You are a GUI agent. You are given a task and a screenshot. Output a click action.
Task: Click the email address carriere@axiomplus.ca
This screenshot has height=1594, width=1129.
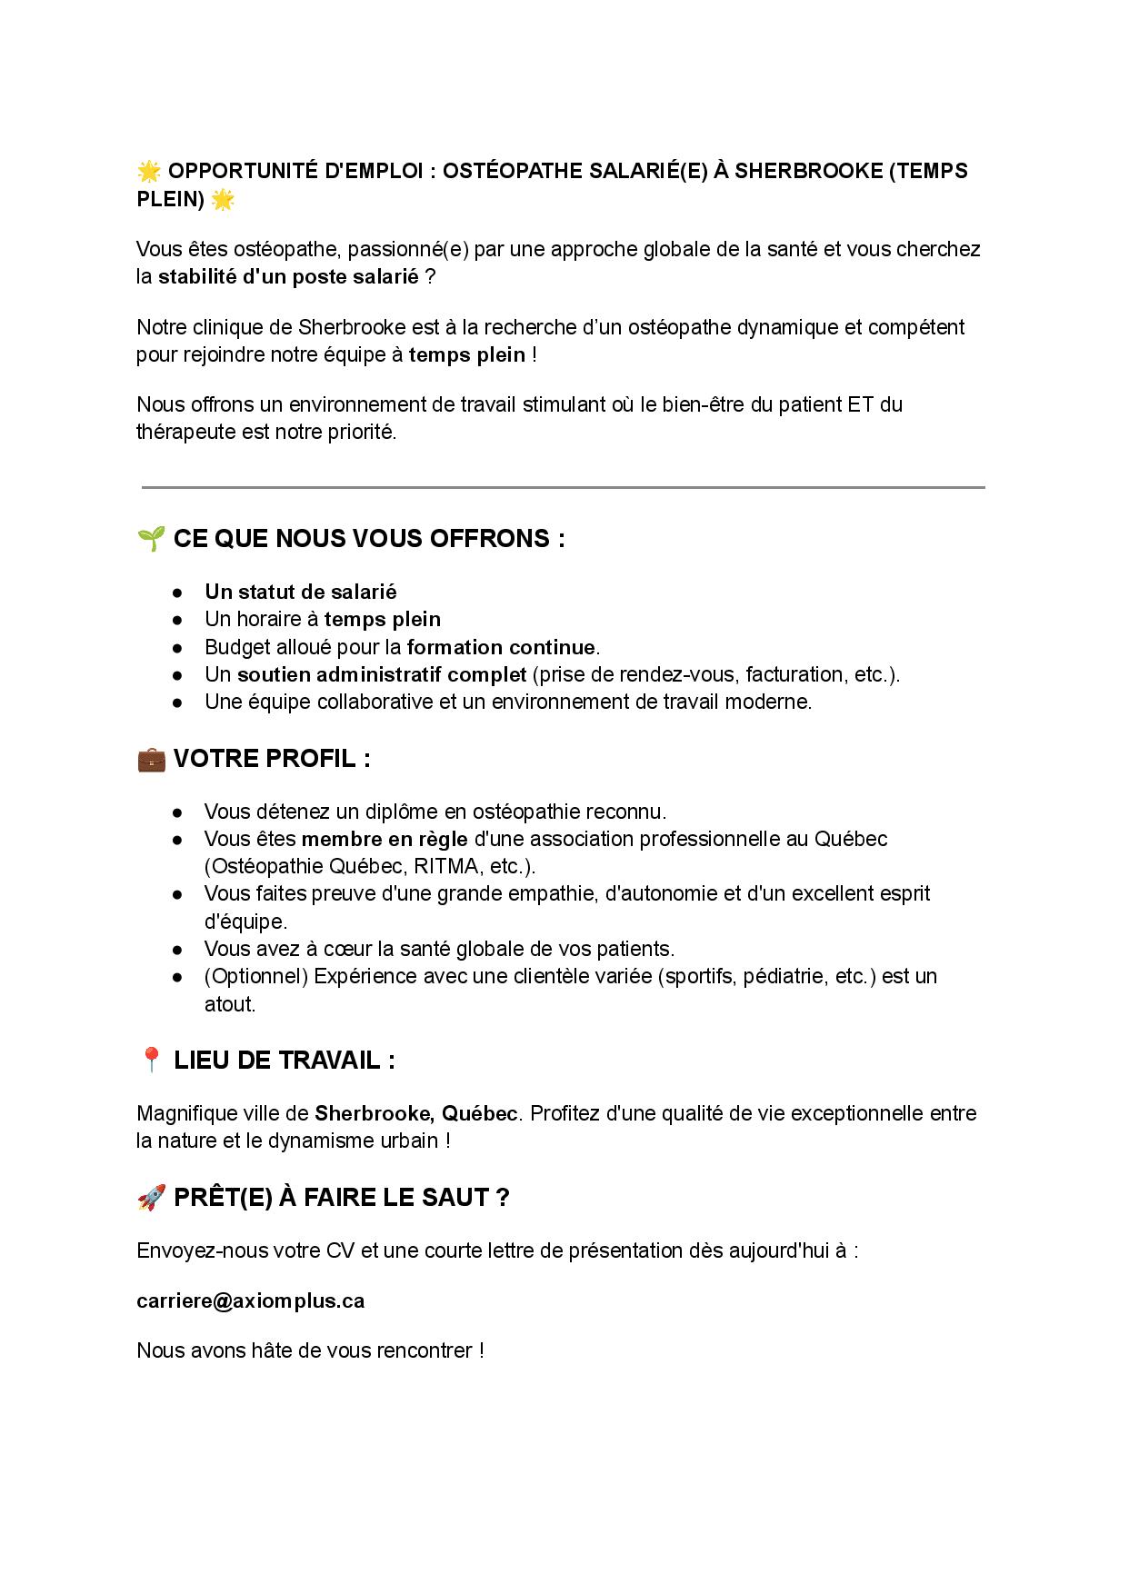[250, 1300]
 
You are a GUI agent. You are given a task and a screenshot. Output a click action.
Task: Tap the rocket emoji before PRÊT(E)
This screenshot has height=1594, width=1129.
[151, 1197]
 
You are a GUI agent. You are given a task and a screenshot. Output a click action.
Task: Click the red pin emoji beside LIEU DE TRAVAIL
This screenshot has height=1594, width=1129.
[151, 1060]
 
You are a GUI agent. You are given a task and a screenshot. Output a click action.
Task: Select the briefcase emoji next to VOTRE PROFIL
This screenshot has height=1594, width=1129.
[151, 759]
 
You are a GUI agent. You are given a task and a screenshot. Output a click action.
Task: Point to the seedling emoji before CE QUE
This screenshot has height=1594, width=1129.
[151, 538]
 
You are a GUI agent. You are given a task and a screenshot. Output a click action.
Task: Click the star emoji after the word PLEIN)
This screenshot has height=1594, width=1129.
[223, 199]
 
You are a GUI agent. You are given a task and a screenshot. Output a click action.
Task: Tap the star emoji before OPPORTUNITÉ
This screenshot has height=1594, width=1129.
[149, 171]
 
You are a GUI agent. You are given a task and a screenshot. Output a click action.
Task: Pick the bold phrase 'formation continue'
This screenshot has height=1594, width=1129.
[501, 647]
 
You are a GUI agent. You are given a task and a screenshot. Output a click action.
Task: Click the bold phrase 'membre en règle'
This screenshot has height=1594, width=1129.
[385, 839]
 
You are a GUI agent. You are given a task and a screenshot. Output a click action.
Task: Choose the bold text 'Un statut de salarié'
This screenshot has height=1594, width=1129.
[301, 592]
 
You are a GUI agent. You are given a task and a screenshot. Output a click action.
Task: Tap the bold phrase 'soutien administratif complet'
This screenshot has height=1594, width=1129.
[382, 674]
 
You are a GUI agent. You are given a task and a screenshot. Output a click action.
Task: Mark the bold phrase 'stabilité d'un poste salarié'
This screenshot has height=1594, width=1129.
[289, 276]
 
